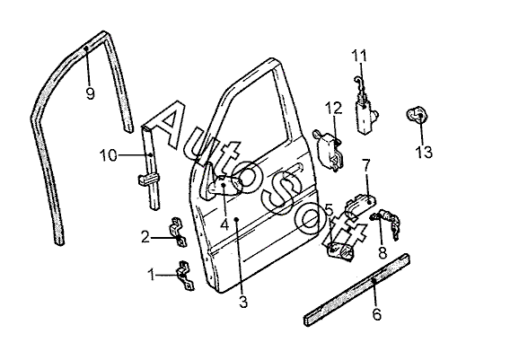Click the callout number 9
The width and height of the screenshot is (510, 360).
click(90, 93)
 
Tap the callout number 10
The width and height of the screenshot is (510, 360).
click(109, 155)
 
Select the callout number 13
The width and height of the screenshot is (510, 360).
click(424, 152)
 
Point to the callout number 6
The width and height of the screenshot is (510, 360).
click(376, 314)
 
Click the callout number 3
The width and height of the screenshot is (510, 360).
click(243, 302)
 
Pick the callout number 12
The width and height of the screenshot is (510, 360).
click(334, 108)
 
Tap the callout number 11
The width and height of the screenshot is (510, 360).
click(360, 56)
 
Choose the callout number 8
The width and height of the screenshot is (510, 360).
click(382, 252)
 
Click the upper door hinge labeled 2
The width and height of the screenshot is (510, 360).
click(178, 232)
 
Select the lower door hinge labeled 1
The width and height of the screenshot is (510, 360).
click(185, 275)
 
